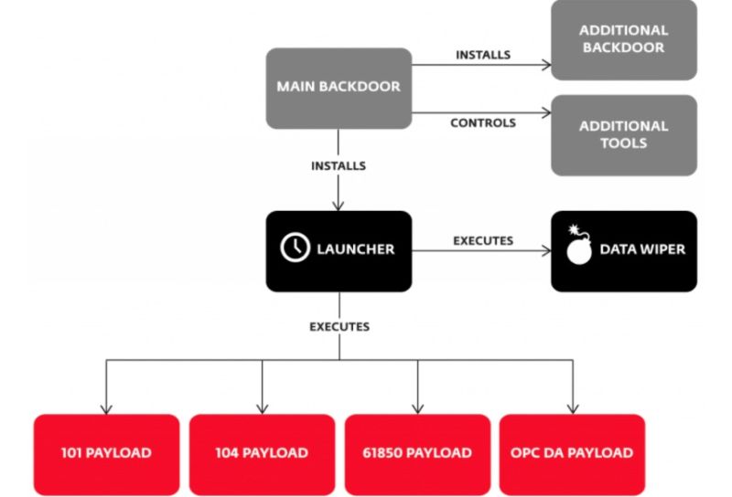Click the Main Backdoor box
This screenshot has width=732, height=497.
339,88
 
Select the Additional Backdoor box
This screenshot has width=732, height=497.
624,39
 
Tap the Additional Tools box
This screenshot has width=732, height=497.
624,135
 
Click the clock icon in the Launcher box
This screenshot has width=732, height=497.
295,247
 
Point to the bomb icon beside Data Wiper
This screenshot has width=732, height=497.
579,245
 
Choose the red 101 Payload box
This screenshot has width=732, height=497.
106,455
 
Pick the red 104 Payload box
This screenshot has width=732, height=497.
262,455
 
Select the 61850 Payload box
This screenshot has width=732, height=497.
417,455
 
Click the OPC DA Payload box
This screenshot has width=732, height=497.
573,455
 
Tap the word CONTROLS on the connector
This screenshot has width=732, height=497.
483,123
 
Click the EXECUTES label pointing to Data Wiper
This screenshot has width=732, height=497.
483,240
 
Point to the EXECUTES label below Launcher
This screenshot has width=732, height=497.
339,326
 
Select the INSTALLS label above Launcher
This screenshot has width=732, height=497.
339,166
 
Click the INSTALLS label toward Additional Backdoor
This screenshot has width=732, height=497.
483,55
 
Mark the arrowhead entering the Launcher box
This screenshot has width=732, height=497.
339,206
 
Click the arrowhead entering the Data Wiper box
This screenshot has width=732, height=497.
546,251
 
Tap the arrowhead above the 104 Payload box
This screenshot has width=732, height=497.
263,409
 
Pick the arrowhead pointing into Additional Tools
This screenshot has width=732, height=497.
546,112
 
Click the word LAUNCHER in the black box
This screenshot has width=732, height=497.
356,249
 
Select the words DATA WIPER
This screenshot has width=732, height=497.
643,249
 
